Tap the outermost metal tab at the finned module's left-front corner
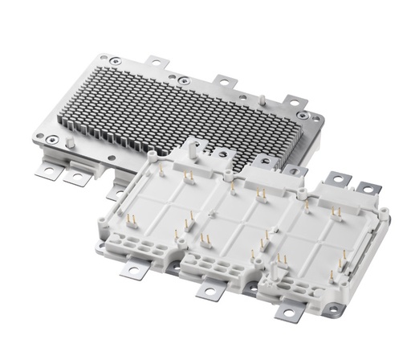point(51,171)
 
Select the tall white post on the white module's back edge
point(192,149)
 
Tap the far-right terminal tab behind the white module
point(368,190)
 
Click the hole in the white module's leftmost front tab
point(132,272)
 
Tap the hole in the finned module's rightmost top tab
point(295,101)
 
